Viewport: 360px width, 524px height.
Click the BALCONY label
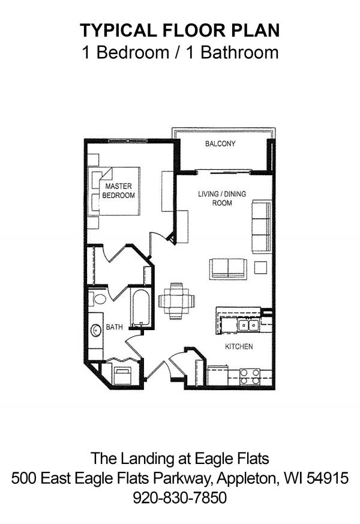(x=220, y=143)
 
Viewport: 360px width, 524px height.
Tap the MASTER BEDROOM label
(x=119, y=190)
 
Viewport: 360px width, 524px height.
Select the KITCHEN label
(x=239, y=346)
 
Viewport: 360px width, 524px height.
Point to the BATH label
(x=114, y=327)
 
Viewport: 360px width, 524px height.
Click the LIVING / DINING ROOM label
(x=222, y=198)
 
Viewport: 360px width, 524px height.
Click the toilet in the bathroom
(x=97, y=298)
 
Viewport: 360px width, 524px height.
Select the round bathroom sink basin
(x=96, y=331)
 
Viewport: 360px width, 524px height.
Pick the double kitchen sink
(x=248, y=325)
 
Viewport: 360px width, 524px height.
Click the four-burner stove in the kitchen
(x=250, y=376)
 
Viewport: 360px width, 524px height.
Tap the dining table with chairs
(x=176, y=301)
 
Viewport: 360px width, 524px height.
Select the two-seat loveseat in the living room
(x=229, y=269)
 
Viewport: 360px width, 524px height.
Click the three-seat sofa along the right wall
(x=262, y=226)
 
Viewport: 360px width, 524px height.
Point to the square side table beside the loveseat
(x=260, y=267)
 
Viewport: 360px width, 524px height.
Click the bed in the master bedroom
(x=114, y=191)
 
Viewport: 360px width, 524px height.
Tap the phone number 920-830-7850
(x=180, y=497)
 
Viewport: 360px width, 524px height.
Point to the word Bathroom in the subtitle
(x=239, y=52)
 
